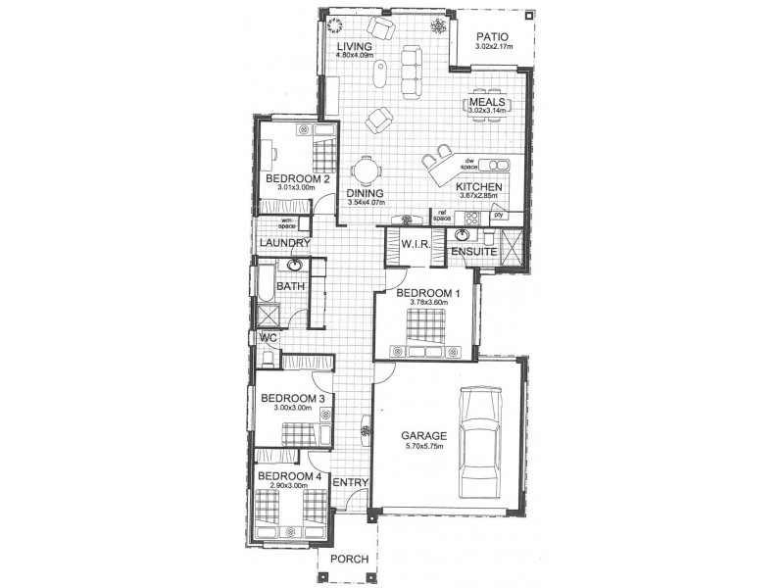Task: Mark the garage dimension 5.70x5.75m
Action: tap(423, 448)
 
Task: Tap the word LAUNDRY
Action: tap(285, 243)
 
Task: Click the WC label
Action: tap(268, 337)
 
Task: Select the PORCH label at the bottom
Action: tap(350, 559)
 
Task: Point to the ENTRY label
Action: tap(350, 483)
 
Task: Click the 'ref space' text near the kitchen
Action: tap(442, 215)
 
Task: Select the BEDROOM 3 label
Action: tap(292, 398)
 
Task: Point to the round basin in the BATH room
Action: tap(295, 266)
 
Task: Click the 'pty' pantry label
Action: tap(498, 214)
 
